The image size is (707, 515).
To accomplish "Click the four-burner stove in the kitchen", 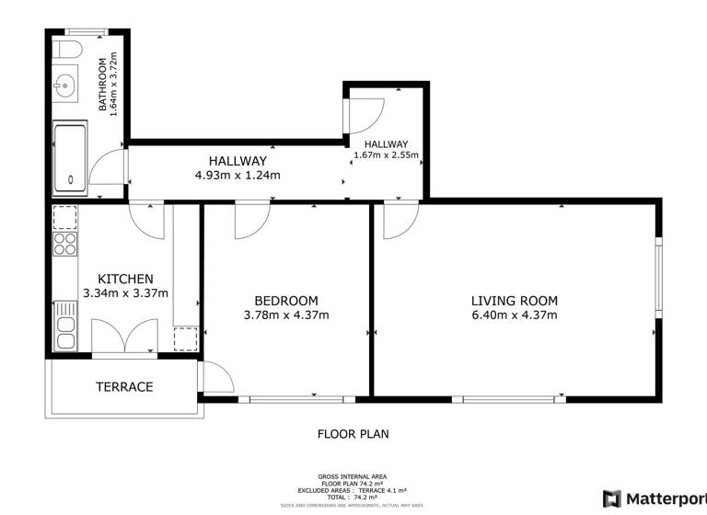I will point(65,243).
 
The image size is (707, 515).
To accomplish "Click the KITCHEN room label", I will point(125,279).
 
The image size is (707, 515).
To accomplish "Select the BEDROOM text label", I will point(285,301).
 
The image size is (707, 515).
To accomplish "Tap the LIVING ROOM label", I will point(514,301).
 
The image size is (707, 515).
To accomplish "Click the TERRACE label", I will point(124,387).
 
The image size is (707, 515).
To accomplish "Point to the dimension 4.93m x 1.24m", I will point(237,175).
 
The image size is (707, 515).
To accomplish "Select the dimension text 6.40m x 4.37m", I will point(514,315).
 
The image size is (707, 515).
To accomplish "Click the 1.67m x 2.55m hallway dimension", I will point(386,155).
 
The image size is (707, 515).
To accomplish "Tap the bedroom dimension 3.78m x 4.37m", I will point(285,315).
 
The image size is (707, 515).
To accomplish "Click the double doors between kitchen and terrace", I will point(123,338).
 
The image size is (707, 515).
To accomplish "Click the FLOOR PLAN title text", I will point(353,433).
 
